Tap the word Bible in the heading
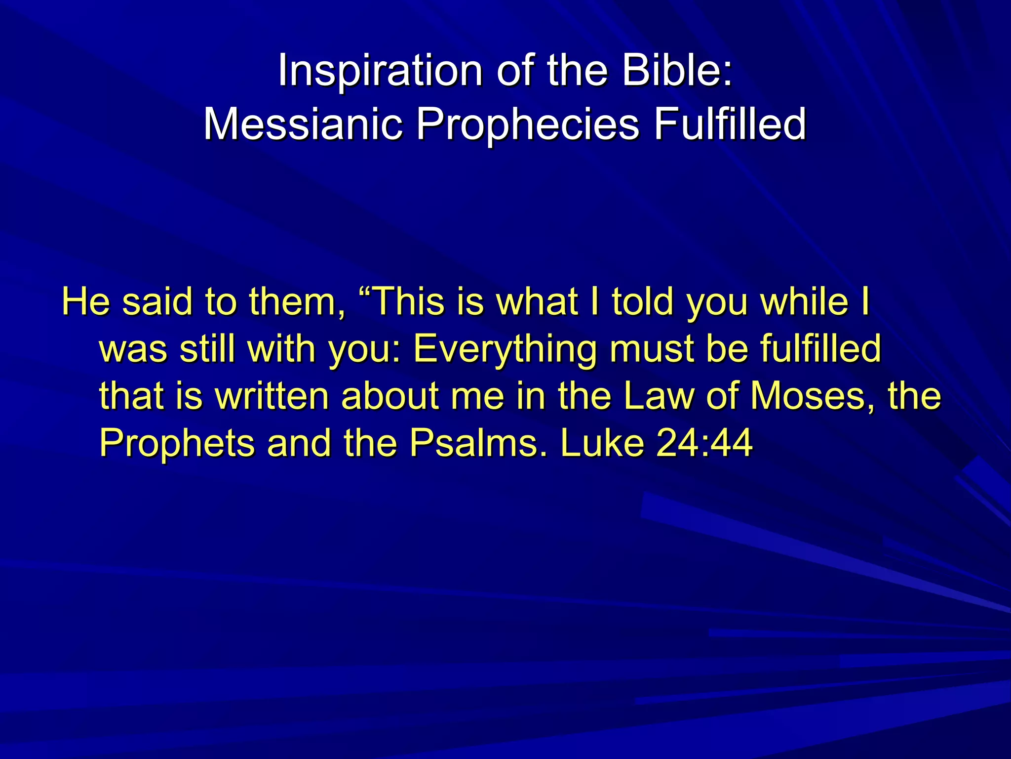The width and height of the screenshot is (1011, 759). click(x=671, y=71)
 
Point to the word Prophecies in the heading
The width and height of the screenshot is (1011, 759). click(x=527, y=125)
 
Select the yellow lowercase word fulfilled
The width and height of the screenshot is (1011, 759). click(x=820, y=348)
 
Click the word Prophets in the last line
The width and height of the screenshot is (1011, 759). click(x=177, y=444)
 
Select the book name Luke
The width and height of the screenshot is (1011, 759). click(x=602, y=443)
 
